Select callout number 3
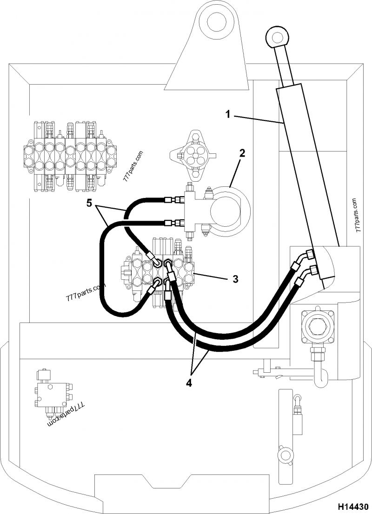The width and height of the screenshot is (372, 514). point(235,279)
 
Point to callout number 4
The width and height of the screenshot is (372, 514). point(189,383)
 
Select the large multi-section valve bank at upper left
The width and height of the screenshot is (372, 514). point(70,157)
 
